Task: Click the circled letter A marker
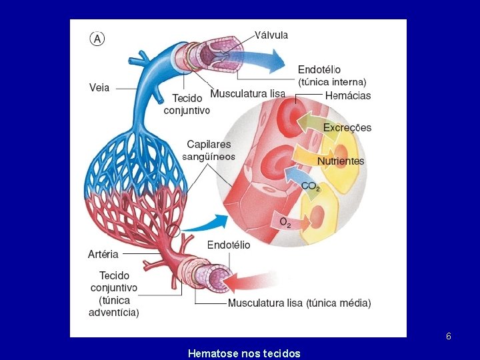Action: pos(97,39)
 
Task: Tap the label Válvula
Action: pos(271,35)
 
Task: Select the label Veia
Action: pos(99,87)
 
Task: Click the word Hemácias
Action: pos(348,95)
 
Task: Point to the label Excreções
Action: pos(347,127)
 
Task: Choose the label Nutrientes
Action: pos(341,161)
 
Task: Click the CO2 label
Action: pos(311,187)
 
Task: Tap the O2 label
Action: pos(285,221)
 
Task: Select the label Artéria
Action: pos(103,253)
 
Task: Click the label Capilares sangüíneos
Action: pos(209,150)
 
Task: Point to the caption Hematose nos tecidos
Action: pos(244,353)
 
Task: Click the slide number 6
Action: pos(449,337)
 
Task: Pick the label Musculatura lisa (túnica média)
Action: pos(299,303)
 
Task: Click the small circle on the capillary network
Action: pos(174,231)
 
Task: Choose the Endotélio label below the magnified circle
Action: pos(229,245)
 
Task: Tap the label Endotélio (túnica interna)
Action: pos(331,75)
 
